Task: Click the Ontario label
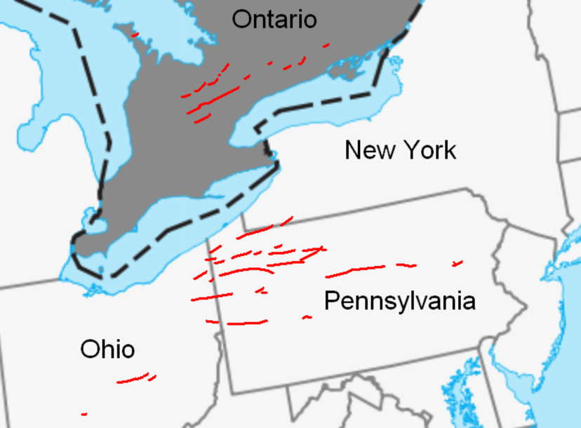coord(274,19)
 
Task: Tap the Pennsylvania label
coord(399,301)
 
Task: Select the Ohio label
coord(107,349)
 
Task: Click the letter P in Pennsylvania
coord(331,300)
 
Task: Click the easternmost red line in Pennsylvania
coord(458,264)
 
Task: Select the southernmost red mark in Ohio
coord(84,414)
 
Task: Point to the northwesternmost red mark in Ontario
coord(135,34)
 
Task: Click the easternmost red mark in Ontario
coord(326,46)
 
